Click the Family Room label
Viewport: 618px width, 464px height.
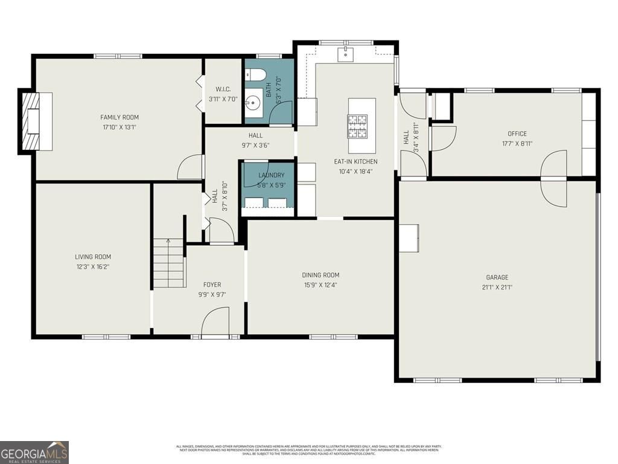pyautogui.click(x=119, y=117)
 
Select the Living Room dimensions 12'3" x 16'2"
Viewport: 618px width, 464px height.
pyautogui.click(x=92, y=266)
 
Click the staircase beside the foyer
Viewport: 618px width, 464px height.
pyautogui.click(x=168, y=263)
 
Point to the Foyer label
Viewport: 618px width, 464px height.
pyautogui.click(x=212, y=285)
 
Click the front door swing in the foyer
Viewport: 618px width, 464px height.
pyautogui.click(x=215, y=321)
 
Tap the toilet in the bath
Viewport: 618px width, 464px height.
pyautogui.click(x=256, y=76)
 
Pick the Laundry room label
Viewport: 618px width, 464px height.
pyautogui.click(x=271, y=175)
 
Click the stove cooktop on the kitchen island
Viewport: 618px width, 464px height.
pyautogui.click(x=362, y=126)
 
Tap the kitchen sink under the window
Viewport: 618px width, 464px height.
pyautogui.click(x=346, y=54)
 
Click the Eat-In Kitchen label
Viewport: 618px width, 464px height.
pyautogui.click(x=356, y=161)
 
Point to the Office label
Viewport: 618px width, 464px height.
pyautogui.click(x=517, y=134)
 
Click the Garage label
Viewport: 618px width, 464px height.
pyautogui.click(x=497, y=278)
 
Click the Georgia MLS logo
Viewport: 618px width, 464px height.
pyautogui.click(x=34, y=452)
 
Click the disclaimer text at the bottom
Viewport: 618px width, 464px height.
pyautogui.click(x=308, y=449)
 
